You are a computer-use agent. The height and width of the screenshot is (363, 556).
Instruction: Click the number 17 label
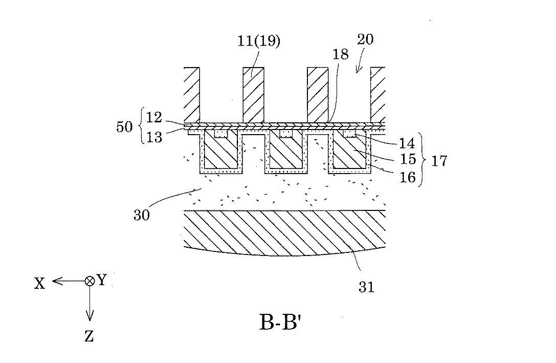[x=439, y=160]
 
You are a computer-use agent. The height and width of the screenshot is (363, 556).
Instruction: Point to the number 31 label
[x=367, y=287]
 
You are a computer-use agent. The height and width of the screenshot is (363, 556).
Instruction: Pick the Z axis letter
[x=90, y=336]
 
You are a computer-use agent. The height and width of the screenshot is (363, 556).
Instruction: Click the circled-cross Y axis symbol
[x=90, y=281]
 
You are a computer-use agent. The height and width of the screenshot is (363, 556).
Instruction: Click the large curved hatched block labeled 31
[x=284, y=230]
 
